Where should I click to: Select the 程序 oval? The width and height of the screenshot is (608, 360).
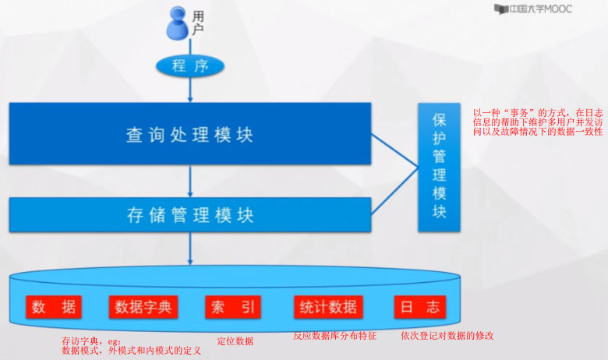click(190, 66)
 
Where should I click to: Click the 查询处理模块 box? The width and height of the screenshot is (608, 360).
click(190, 134)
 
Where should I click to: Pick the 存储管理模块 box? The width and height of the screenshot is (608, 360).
click(190, 215)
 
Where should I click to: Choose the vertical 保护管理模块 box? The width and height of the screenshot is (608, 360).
click(439, 166)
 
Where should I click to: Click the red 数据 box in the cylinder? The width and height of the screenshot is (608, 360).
click(55, 306)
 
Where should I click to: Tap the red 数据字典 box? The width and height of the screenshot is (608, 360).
click(144, 306)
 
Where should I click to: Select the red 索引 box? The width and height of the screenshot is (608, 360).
click(232, 306)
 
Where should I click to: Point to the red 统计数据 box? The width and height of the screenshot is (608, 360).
click(328, 306)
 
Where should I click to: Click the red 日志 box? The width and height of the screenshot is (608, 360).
click(419, 306)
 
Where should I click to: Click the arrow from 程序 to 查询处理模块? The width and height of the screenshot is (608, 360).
click(190, 90)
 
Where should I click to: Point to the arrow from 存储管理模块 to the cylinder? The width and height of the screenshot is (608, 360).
click(190, 249)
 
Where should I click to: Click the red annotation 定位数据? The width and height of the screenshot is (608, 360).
click(235, 341)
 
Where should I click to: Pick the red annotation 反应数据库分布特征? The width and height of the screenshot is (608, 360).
click(334, 336)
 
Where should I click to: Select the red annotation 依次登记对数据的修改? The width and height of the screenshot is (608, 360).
click(447, 336)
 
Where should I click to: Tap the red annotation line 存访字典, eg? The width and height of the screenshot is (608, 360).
click(91, 341)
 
